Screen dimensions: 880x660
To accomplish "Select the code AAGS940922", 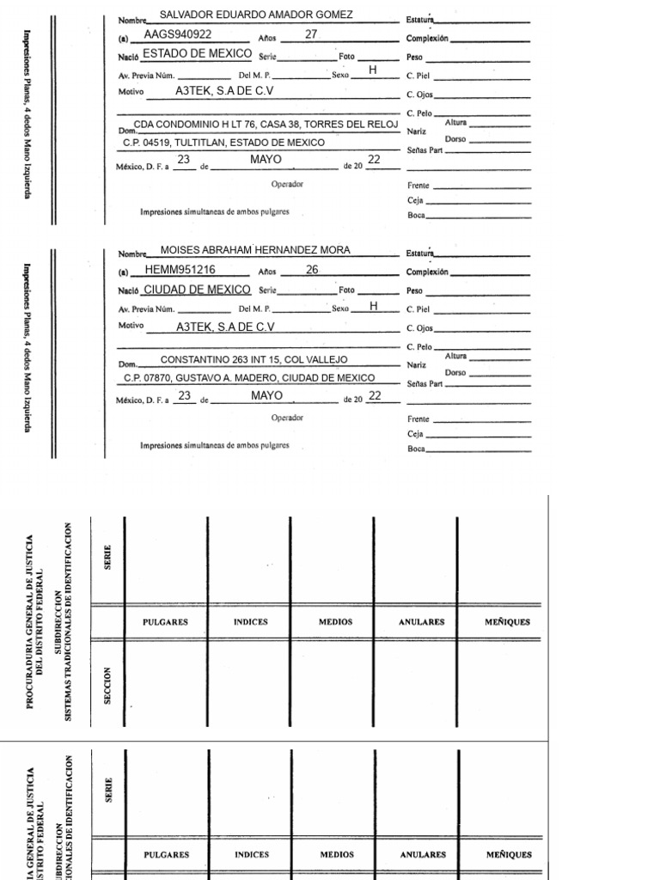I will [177, 34].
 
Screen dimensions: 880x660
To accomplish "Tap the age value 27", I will [311, 34].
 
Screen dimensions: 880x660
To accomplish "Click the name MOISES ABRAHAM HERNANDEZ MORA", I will [255, 250].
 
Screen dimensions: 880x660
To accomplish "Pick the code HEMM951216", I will [180, 270].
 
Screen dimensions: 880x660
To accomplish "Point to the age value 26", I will [312, 270].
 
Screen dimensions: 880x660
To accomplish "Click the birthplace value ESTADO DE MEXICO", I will [197, 53].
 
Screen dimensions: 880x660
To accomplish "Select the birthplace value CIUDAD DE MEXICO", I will [197, 290].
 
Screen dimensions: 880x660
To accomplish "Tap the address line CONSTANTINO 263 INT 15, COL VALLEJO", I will [254, 359].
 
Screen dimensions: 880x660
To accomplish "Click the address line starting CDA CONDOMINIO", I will [266, 125].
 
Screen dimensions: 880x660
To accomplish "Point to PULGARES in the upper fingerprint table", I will [165, 622].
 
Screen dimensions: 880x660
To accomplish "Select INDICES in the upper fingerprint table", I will [250, 622].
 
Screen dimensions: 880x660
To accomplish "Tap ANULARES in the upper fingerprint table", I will [421, 622].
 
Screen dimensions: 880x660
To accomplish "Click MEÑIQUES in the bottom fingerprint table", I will [509, 855].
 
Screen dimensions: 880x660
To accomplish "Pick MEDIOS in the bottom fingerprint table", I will [337, 855].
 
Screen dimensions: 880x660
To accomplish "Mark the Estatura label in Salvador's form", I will [419, 18].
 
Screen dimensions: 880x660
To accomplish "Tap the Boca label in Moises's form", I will [416, 449].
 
